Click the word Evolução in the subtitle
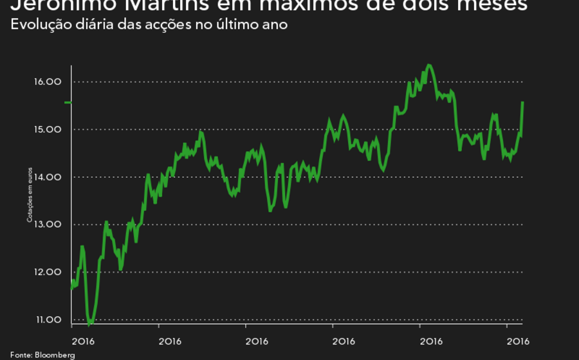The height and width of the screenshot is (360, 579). pyautogui.click(x=39, y=26)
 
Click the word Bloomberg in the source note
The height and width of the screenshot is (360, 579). pyautogui.click(x=55, y=355)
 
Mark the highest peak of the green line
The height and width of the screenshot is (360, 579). pyautogui.click(x=430, y=65)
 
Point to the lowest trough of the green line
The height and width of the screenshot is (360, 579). pyautogui.click(x=90, y=323)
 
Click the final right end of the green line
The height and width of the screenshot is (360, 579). pyautogui.click(x=522, y=102)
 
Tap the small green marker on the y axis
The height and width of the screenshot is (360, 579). pyautogui.click(x=68, y=103)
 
